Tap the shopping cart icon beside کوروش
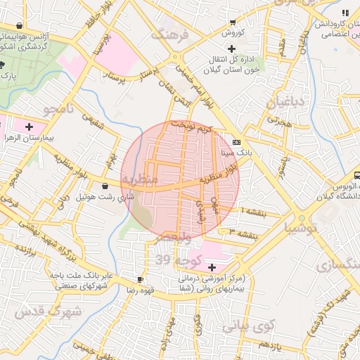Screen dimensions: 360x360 pyautogui.click(x=233, y=22)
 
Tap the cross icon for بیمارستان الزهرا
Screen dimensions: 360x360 pyautogui.click(x=28, y=127)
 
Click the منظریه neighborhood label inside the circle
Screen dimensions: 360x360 pyautogui.click(x=139, y=180)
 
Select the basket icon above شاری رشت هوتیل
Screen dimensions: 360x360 pyautogui.click(x=105, y=186)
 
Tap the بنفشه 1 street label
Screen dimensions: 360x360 pyautogui.click(x=253, y=211)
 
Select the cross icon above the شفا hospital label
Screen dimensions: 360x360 pyautogui.click(x=212, y=267)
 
